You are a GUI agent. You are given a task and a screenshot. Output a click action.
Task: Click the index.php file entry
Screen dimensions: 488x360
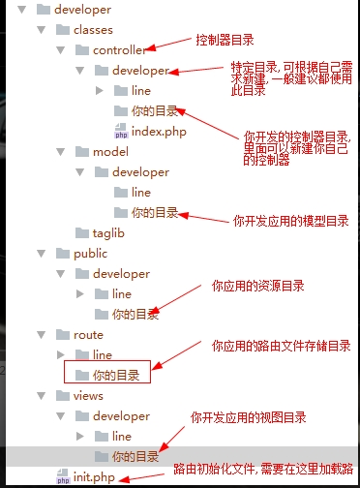point(159,131)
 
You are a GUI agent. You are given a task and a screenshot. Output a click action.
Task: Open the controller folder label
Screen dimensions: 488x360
point(119,50)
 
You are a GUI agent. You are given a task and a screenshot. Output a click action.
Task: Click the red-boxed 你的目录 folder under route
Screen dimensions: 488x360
point(121,374)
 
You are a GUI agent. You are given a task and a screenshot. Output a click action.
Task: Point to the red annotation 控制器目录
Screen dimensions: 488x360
point(225,40)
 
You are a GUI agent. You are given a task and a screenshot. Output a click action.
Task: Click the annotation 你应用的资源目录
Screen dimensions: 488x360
point(257,287)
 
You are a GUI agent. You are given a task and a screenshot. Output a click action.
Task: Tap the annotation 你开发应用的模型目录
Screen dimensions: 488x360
point(290,221)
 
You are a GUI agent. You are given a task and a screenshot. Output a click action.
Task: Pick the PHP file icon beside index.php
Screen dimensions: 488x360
point(120,131)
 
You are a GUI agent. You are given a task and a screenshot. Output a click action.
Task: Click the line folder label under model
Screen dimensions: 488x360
point(140,193)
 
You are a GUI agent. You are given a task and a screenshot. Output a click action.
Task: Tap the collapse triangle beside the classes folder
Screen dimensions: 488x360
point(59,30)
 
